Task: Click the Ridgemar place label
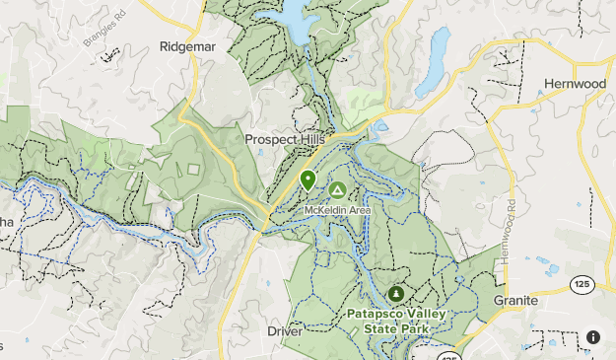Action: (x=186, y=45)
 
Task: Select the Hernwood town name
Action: (x=575, y=84)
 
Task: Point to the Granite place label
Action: (x=515, y=300)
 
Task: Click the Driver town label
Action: (x=285, y=331)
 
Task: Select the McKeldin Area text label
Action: (x=337, y=209)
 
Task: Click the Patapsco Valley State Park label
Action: (x=396, y=321)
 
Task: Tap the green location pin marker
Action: (x=308, y=180)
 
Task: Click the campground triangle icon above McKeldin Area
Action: (x=337, y=190)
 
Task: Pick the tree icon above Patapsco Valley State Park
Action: (x=396, y=294)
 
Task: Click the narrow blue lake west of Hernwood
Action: (x=434, y=64)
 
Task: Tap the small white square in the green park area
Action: (x=192, y=170)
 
